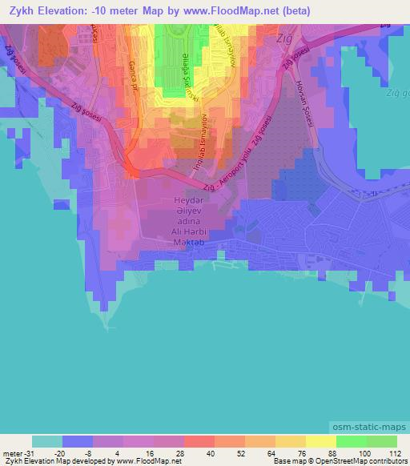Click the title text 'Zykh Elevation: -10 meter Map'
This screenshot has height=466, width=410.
coord(104,12)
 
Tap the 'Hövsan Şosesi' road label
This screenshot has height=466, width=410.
coord(306,95)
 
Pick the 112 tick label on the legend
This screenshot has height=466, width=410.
coord(394,452)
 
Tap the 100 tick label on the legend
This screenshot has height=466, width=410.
coord(364,452)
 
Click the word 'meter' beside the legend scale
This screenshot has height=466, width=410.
coord(8,452)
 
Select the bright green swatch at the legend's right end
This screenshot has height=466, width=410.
coord(380,441)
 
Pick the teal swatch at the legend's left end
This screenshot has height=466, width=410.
coord(47,441)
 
